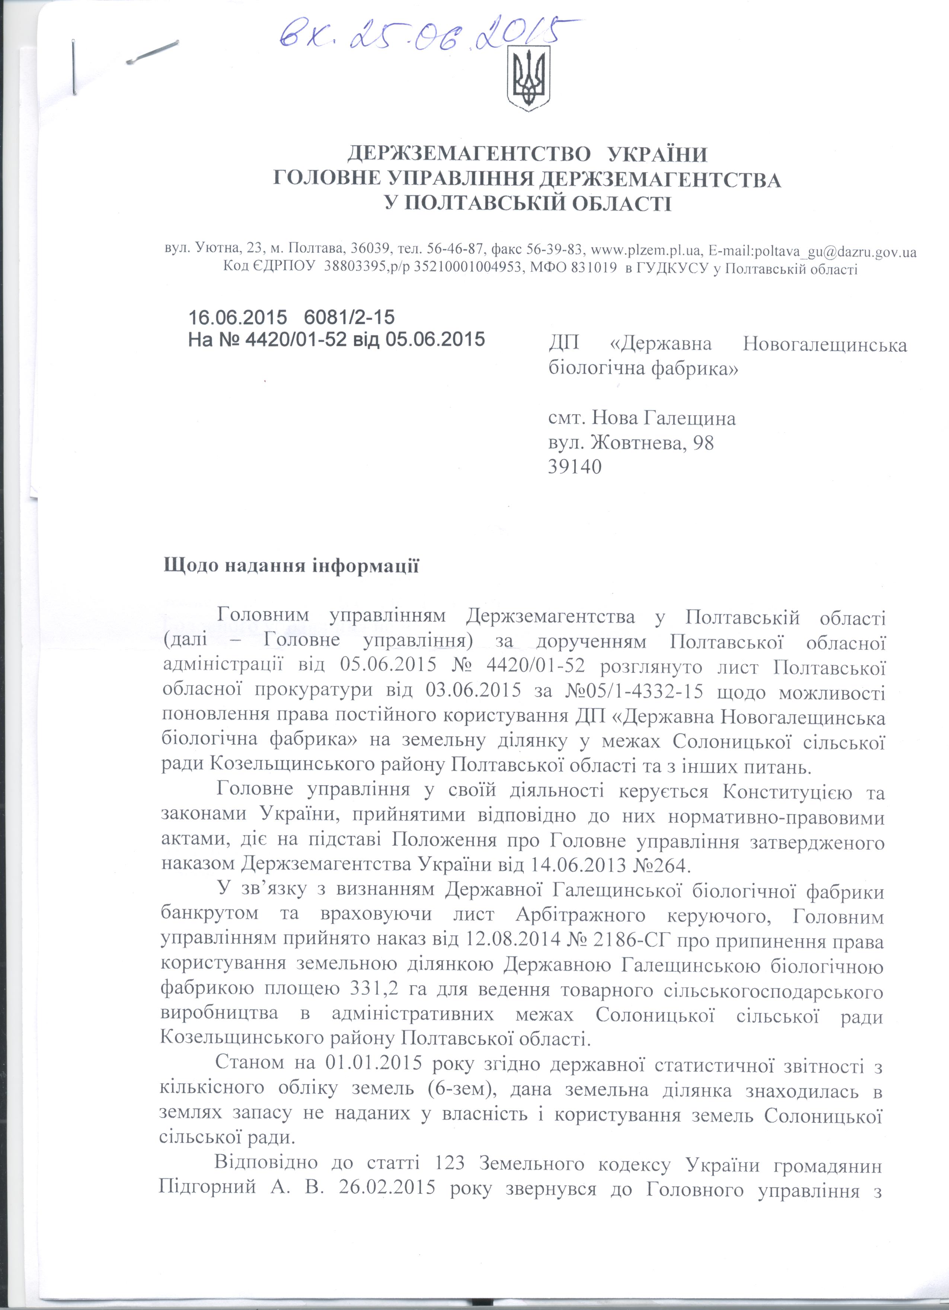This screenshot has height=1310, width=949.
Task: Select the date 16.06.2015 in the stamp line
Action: [237, 317]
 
